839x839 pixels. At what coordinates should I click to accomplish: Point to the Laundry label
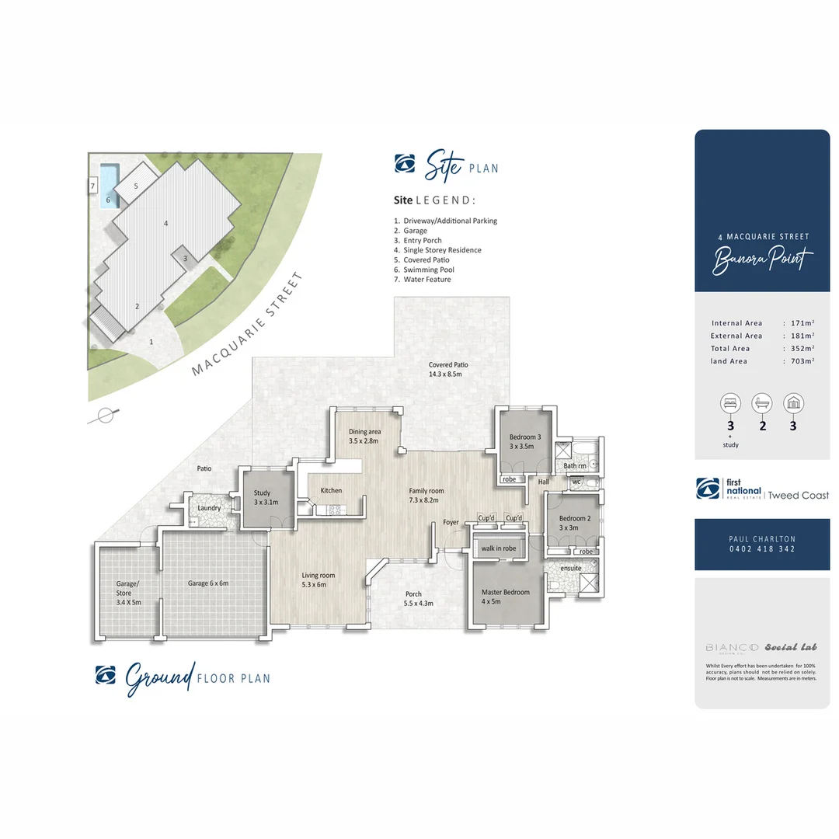click(x=209, y=508)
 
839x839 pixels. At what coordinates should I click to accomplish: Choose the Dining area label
click(x=364, y=436)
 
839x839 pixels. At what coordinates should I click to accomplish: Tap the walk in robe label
click(x=498, y=549)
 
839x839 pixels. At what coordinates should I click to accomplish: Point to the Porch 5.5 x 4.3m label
click(x=418, y=598)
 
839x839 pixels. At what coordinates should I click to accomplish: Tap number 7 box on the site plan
click(x=92, y=186)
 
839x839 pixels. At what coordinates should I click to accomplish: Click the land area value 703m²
click(x=802, y=361)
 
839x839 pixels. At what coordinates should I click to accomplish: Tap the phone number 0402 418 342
click(x=761, y=549)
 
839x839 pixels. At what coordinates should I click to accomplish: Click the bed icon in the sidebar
click(x=729, y=402)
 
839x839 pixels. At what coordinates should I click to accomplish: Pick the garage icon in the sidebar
click(x=793, y=402)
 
